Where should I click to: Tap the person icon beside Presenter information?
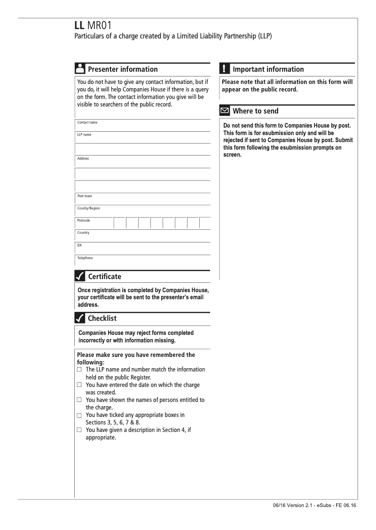(x=79, y=69)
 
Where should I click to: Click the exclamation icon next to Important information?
(x=224, y=69)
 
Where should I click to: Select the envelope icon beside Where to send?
(x=224, y=111)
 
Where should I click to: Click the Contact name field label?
(x=87, y=122)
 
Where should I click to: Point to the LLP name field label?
(x=84, y=135)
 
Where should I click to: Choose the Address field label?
(x=83, y=159)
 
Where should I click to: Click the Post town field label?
(x=85, y=196)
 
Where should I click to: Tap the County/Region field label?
(x=88, y=208)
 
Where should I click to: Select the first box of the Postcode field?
(x=120, y=223)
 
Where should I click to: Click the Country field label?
(x=83, y=233)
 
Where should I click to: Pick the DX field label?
(x=79, y=245)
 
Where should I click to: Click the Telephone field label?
(x=85, y=258)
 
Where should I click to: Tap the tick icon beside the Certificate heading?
(x=79, y=276)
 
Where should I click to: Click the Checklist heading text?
(x=102, y=318)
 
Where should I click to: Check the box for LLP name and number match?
(x=79, y=370)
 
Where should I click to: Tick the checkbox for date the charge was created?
(x=79, y=385)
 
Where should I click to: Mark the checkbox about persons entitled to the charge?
(x=79, y=400)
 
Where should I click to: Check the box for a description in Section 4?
(x=79, y=431)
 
